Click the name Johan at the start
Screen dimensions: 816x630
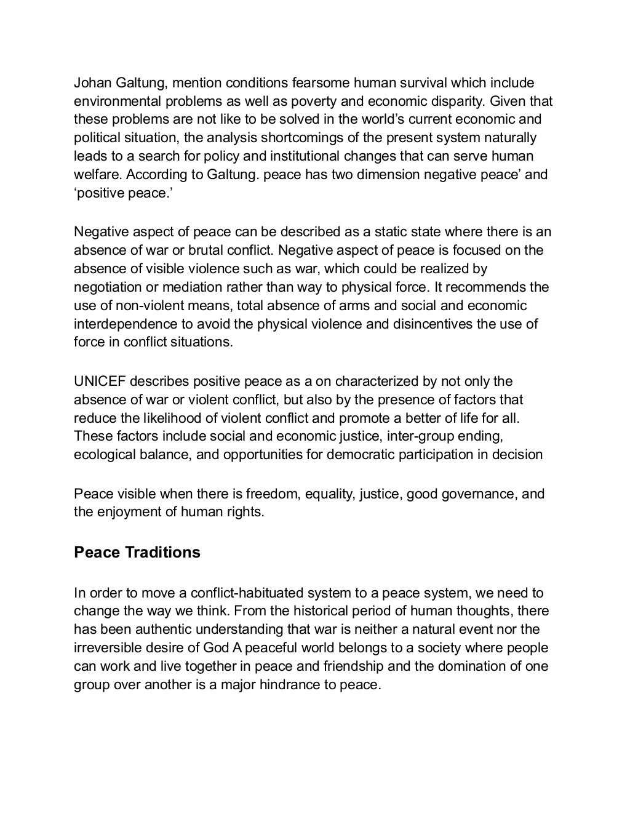click(91, 82)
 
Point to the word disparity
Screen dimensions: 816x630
click(456, 101)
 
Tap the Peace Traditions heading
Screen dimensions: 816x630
click(137, 552)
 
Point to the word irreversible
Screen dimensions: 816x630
click(108, 648)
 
